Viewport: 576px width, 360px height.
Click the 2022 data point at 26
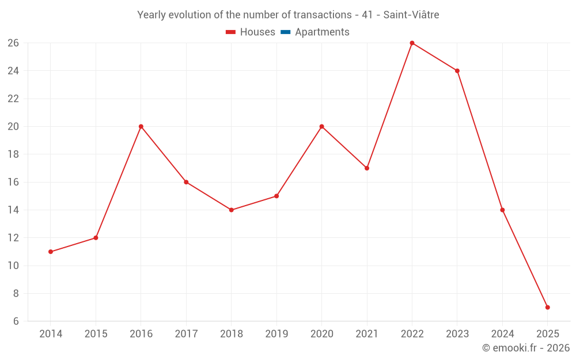click(412, 43)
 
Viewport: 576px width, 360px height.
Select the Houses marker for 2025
click(547, 307)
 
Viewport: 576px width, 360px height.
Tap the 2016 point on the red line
click(141, 127)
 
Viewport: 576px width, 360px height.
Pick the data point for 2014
click(51, 252)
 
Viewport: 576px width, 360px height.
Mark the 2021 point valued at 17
click(367, 168)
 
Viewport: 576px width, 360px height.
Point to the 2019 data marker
click(276, 196)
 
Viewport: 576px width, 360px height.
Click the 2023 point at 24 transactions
click(457, 71)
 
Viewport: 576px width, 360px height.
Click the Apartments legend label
click(322, 32)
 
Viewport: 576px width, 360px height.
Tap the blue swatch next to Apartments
click(286, 32)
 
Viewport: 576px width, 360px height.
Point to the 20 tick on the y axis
click(13, 127)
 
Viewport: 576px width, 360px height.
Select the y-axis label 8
click(16, 293)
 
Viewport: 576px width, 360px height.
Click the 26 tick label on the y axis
click(13, 43)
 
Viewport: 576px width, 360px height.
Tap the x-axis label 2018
click(231, 334)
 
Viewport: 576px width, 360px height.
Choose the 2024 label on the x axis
click(502, 334)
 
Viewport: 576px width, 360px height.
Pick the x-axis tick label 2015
click(96, 334)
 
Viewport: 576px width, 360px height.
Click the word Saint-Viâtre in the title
click(411, 15)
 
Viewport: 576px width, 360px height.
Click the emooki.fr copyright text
click(526, 348)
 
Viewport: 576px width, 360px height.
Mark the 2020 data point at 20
click(321, 127)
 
